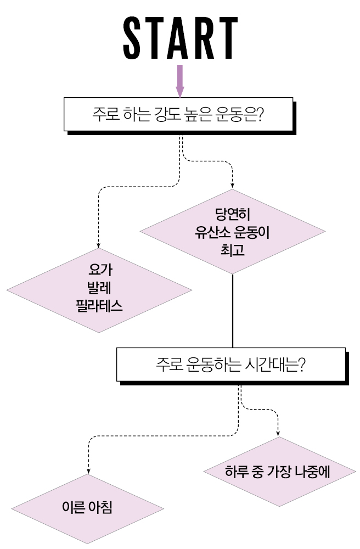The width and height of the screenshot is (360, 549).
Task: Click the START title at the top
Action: coord(180,38)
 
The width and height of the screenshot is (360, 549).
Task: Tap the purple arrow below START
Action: coord(180,81)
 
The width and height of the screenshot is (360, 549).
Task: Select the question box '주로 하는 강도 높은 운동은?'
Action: coord(179,115)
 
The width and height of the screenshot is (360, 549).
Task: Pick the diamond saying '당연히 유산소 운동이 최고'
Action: coord(233,232)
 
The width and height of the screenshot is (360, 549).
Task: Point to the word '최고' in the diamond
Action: coord(233,250)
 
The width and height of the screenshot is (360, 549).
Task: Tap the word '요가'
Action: coord(99,270)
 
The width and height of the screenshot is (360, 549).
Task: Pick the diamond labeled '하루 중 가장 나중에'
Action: coord(278,472)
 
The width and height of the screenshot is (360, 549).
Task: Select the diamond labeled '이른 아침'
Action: coord(88,507)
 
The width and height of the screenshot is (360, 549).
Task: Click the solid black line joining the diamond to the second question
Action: coord(233,310)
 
